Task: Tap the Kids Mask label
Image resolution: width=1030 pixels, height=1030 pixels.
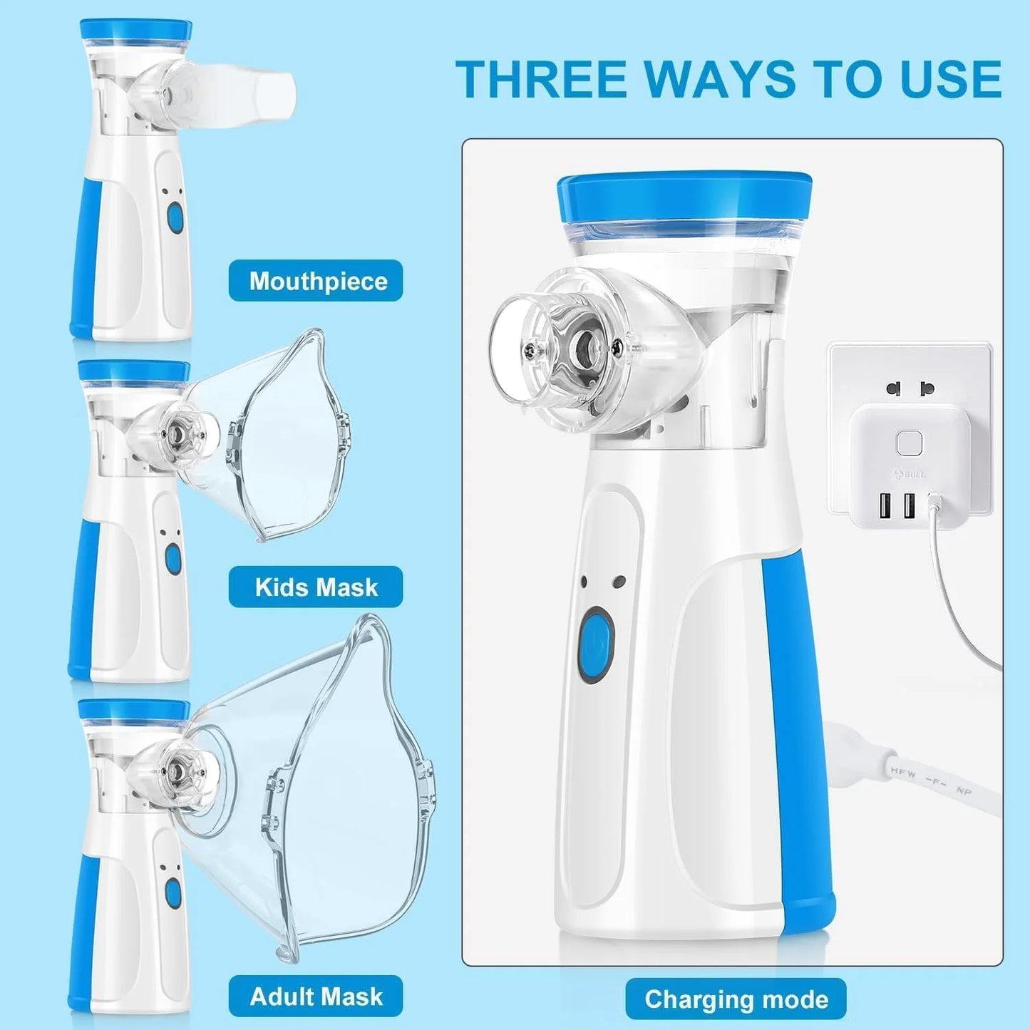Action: (x=316, y=587)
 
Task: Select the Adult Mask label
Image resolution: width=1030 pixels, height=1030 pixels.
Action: (x=316, y=996)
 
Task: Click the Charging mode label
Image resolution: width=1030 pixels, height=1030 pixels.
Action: (x=736, y=999)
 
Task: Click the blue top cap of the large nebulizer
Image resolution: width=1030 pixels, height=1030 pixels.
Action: (x=684, y=196)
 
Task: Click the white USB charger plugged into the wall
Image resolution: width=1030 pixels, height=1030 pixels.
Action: (x=909, y=463)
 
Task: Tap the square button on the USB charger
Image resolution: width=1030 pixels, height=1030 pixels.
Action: (x=910, y=443)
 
